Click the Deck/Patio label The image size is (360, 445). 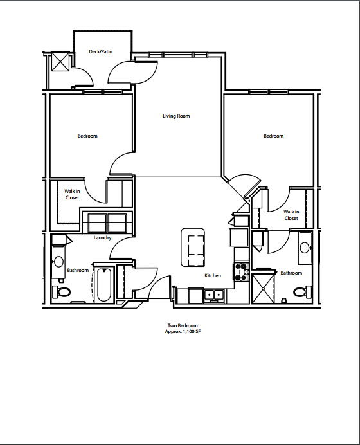point(100,51)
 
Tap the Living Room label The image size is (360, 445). point(175,116)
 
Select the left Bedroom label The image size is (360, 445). point(87,136)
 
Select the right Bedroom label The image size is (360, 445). point(273,136)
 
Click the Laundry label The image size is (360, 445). point(102,238)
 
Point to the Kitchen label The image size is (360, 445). point(213,275)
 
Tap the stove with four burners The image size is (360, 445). point(242,272)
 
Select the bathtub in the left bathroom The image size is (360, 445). point(104,284)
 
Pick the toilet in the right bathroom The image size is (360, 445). point(300,292)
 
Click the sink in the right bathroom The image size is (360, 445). point(305,248)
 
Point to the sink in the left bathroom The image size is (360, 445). point(59,262)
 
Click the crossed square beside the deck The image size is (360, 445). point(60,62)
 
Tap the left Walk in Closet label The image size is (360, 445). point(72,194)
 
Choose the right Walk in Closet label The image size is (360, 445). point(291,215)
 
